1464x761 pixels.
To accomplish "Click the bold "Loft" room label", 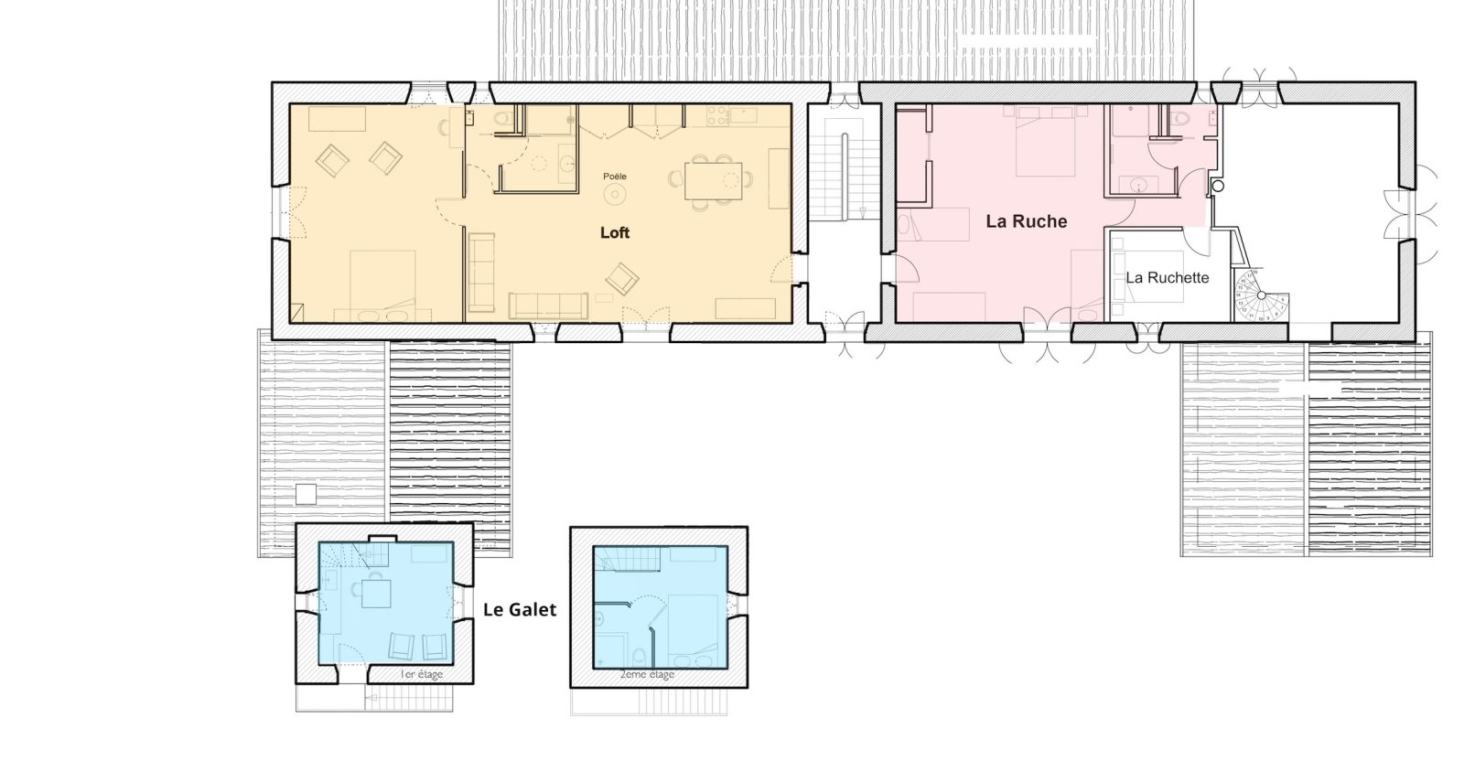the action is click(x=614, y=232).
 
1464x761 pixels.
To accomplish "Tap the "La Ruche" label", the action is click(x=1026, y=221).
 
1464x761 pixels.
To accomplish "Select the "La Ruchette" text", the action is click(x=1168, y=278).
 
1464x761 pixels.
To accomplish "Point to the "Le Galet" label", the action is click(x=520, y=609).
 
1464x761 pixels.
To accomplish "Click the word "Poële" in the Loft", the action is click(x=614, y=177).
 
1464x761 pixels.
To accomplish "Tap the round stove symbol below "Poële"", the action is click(x=615, y=194).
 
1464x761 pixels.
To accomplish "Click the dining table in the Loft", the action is click(x=713, y=180).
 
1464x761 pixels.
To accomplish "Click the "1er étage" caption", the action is click(x=422, y=674).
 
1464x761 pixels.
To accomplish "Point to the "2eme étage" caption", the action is click(x=647, y=674).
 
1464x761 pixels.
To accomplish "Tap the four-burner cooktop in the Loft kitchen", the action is click(x=717, y=115).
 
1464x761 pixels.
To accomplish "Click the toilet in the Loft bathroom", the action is click(x=503, y=119).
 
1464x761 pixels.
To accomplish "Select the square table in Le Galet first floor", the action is click(x=376, y=594).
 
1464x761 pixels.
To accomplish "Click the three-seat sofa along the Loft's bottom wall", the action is click(x=548, y=305).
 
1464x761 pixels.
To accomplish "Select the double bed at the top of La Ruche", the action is click(x=1046, y=141).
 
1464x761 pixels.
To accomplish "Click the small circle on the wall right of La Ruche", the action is click(x=1217, y=187).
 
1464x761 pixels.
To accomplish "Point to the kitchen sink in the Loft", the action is click(x=744, y=115).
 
